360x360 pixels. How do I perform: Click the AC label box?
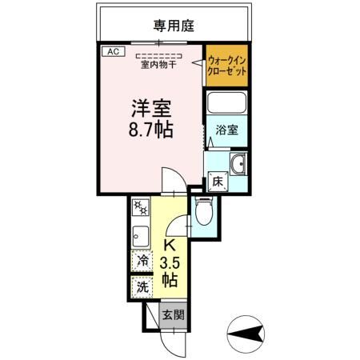coord(114,51)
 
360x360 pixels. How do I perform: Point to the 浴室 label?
coord(226,130)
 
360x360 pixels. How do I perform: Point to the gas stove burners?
coord(140,210)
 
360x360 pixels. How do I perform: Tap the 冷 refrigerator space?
coord(142,260)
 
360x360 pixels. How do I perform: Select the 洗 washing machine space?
coord(142,285)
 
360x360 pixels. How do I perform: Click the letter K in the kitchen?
coord(170,246)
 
